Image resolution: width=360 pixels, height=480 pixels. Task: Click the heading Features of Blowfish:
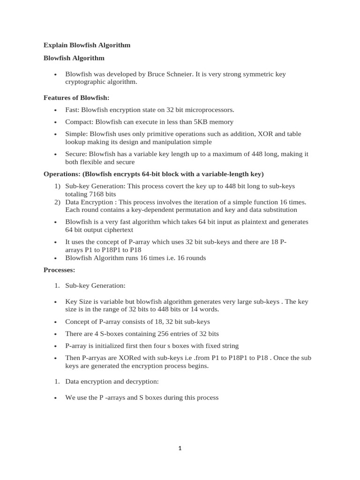pyautogui.click(x=76, y=97)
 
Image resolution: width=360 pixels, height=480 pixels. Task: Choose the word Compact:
pyautogui.click(x=79, y=122)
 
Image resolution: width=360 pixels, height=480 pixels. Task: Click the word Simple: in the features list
pyautogui.click(x=76, y=134)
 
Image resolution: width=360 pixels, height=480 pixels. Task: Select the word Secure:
pyautogui.click(x=76, y=154)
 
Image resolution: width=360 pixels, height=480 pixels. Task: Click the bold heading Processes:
pyautogui.click(x=59, y=270)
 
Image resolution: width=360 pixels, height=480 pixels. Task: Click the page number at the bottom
pyautogui.click(x=180, y=448)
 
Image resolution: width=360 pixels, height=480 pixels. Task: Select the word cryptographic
pyautogui.click(x=85, y=82)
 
